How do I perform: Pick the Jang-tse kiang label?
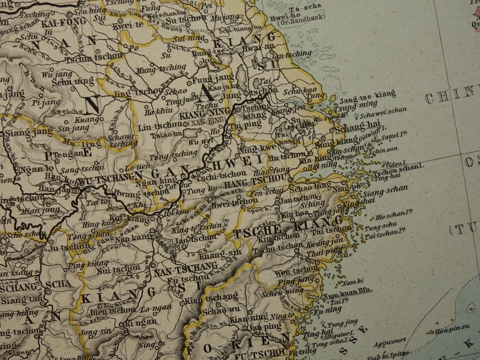tap(368, 95)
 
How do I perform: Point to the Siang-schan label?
tap(386, 188)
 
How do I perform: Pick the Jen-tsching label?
tap(293, 54)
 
